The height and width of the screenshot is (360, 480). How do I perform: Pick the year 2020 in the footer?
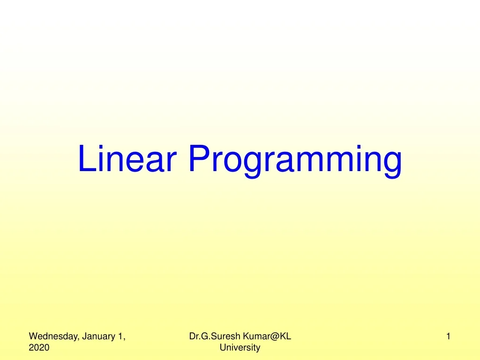pyautogui.click(x=39, y=347)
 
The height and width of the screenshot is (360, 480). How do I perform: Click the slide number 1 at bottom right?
pyautogui.click(x=449, y=336)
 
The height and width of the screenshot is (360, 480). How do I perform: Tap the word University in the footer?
pyautogui.click(x=240, y=347)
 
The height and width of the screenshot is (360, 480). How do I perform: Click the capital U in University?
pyautogui.click(x=222, y=347)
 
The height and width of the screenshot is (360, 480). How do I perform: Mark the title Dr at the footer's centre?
pyautogui.click(x=193, y=336)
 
